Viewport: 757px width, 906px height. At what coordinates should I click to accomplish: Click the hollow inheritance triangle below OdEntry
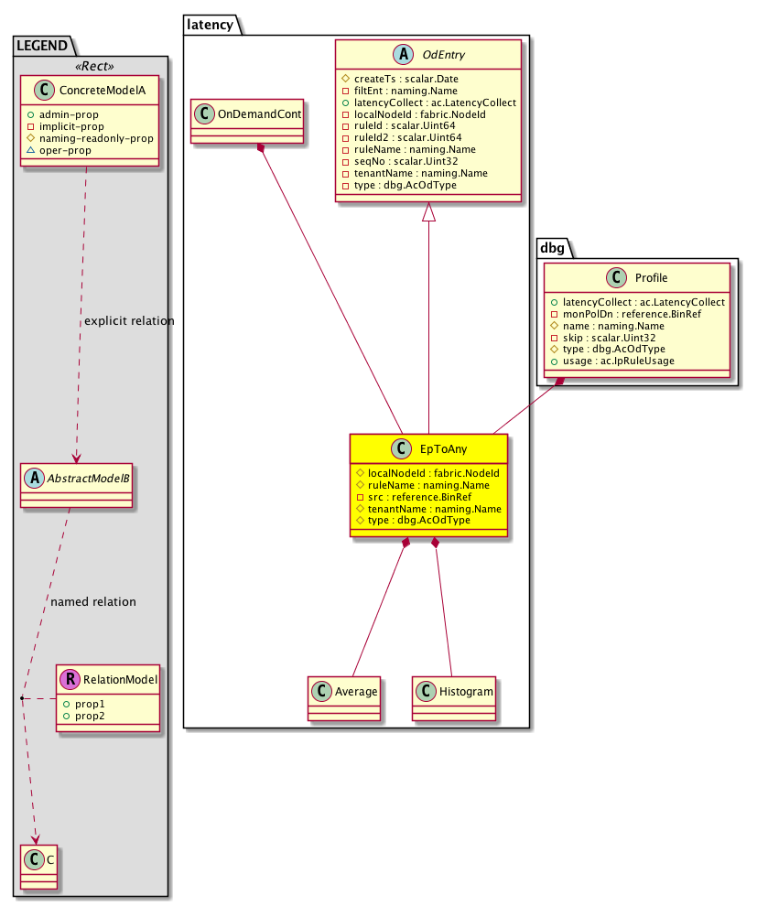[428, 213]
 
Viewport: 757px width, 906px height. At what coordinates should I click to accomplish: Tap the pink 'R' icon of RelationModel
[70, 679]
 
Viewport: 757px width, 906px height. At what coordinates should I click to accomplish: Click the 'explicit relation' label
[129, 321]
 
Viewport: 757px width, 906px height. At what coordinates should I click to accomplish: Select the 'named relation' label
[93, 601]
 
